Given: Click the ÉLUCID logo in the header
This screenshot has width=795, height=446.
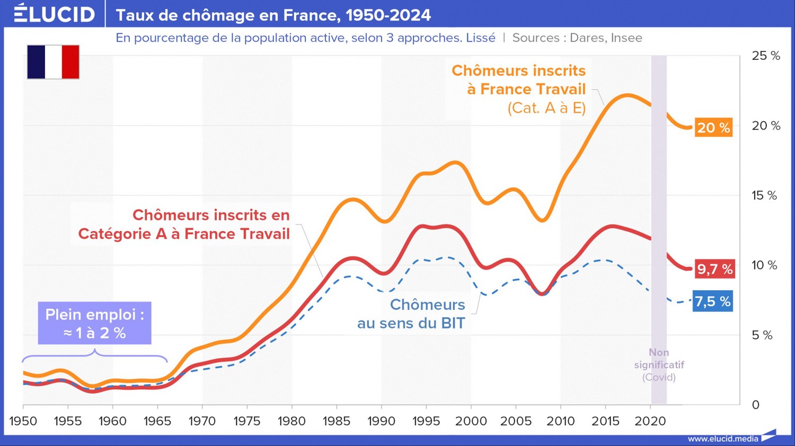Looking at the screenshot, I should coord(55,14).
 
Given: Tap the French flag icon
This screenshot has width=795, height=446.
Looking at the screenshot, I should coord(53,62).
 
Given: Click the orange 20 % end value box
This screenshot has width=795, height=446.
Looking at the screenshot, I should coord(713,128).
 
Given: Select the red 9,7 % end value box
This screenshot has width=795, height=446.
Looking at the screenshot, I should coord(714,269).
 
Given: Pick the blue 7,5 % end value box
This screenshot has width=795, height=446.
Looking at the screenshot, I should coord(713,301).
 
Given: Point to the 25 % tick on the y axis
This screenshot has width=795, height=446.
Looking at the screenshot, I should coord(765,56).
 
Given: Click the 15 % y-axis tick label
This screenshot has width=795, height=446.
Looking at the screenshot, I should coord(764,195).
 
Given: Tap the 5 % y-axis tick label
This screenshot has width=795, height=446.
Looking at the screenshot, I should coord(762,335).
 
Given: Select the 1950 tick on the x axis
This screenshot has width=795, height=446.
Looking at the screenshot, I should coord(23,421).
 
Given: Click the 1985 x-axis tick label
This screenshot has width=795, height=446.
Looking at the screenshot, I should coord(337,421).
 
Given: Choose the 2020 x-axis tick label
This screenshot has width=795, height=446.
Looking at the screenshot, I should coord(650,421).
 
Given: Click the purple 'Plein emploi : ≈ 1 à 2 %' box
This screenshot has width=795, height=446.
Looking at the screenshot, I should coord(94,323).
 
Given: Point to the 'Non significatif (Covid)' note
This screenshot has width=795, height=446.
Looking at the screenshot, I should coord(659,365).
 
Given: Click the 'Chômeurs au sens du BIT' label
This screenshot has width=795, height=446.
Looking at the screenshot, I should coord(411,314).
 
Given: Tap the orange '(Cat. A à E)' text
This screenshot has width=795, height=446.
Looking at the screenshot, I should coord(546,108).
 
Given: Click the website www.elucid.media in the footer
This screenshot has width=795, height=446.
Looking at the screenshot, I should coord(723,439).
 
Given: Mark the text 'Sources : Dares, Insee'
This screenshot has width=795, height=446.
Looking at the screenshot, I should coord(577,38).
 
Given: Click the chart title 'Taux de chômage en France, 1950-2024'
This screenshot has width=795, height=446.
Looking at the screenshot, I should coord(273,15).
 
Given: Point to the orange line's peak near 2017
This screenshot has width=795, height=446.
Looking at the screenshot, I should coord(628,95).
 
